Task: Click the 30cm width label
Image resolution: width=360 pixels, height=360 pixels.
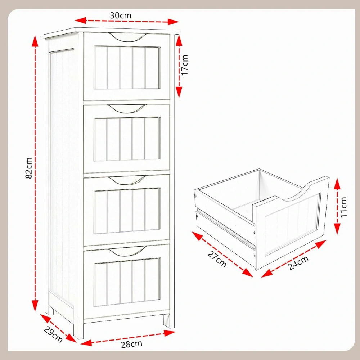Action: tap(121, 15)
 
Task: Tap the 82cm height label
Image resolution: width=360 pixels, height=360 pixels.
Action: tap(29, 168)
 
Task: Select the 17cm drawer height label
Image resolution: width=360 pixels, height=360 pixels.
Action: tap(184, 64)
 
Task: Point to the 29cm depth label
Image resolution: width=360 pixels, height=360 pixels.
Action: tap(53, 334)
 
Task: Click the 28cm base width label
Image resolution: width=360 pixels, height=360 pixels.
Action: tap(131, 344)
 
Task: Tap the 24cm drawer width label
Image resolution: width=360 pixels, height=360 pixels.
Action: tap(298, 263)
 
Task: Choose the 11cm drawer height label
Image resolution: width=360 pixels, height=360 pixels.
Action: tap(343, 207)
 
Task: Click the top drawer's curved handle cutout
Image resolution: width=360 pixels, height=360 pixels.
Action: tap(127, 37)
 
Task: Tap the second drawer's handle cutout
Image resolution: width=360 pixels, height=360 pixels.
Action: tap(127, 109)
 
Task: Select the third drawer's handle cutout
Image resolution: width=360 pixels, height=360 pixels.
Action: tap(127, 180)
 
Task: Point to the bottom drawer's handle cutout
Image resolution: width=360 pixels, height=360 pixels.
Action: tap(127, 251)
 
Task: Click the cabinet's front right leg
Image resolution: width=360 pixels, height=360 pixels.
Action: tap(169, 321)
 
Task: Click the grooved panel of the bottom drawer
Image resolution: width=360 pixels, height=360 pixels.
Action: tap(127, 282)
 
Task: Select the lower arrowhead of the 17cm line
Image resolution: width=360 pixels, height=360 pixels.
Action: tap(179, 92)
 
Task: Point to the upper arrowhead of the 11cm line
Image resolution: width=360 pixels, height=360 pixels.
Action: tap(337, 184)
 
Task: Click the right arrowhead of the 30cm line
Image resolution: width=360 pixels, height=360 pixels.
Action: tap(173, 22)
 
